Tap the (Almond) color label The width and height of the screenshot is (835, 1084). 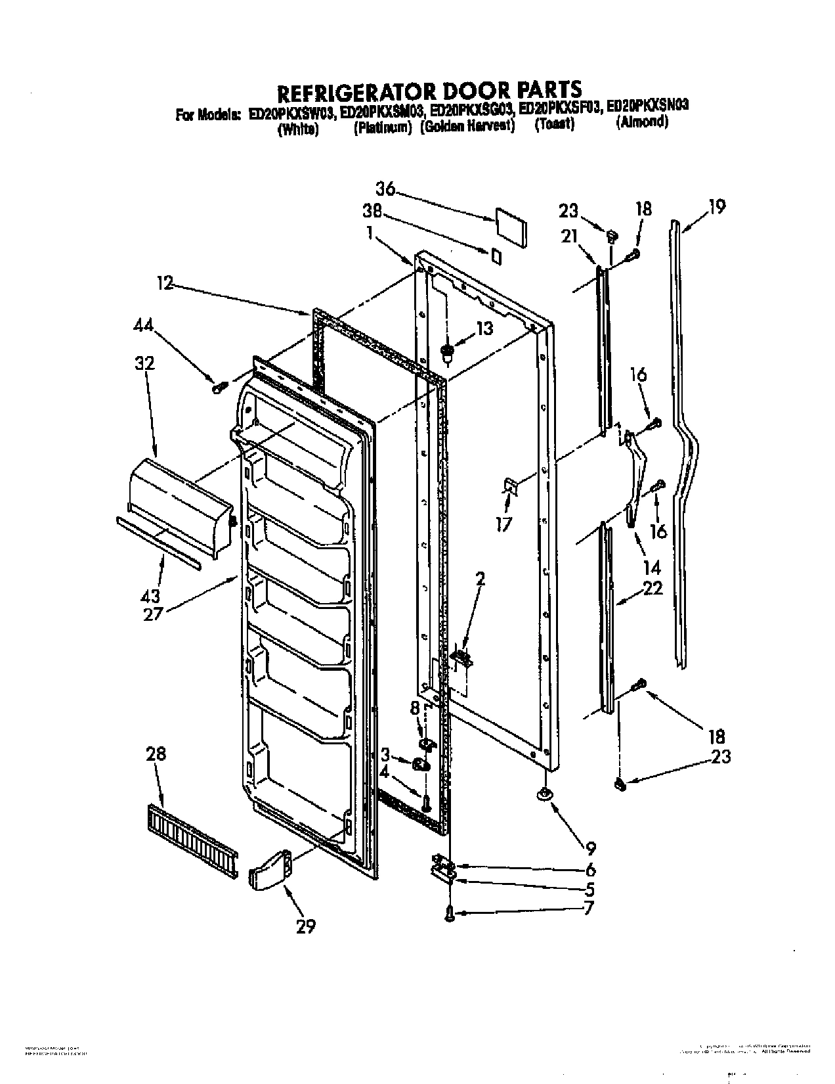642,122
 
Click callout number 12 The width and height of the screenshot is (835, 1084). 165,283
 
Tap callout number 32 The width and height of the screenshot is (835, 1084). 145,363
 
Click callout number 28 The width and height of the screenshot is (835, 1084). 156,754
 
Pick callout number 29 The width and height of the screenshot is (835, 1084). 305,926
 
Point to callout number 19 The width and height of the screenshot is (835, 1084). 717,207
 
